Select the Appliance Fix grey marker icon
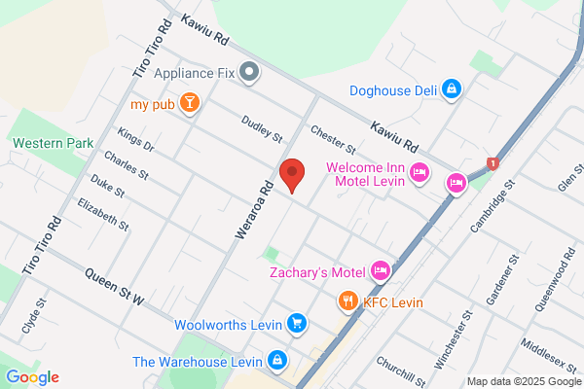[249, 71]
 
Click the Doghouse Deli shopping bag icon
[451, 90]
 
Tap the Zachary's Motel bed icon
[381, 269]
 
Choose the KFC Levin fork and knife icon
[347, 301]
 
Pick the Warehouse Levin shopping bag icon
[277, 361]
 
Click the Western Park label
[54, 143]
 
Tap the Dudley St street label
[262, 127]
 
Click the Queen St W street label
[114, 287]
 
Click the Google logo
[32, 377]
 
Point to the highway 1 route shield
[493, 162]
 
